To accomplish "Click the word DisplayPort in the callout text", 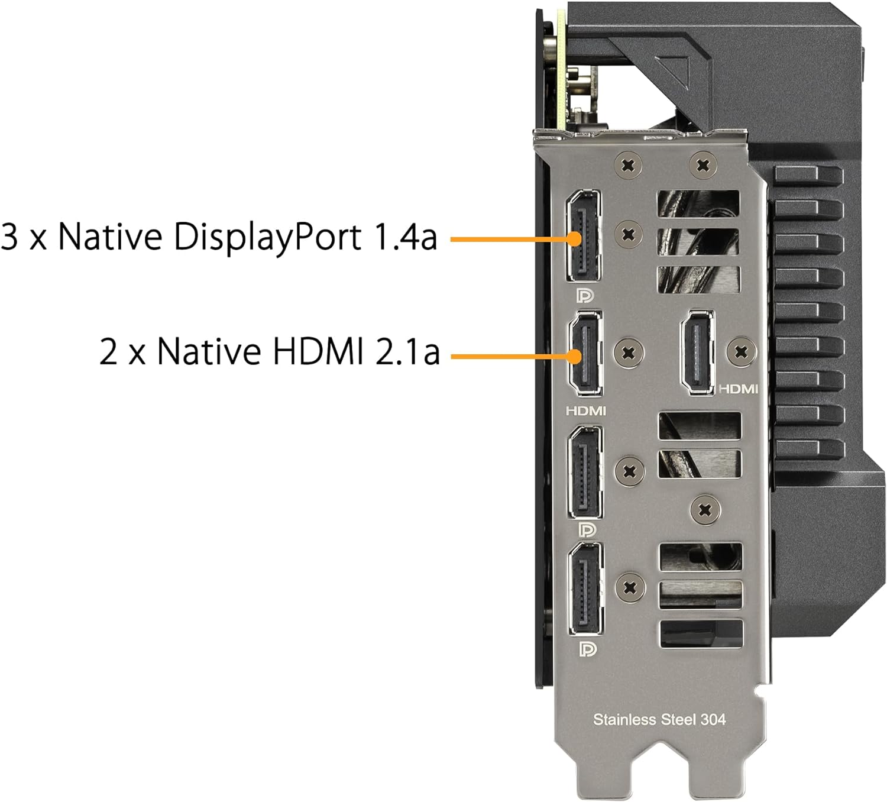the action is point(267,238).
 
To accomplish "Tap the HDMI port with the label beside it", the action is point(697,352).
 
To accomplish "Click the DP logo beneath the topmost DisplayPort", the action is point(585,296).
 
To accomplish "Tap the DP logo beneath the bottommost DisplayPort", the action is point(588,649).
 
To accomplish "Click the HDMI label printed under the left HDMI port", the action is point(586,411).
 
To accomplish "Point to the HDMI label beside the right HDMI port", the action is point(738,389).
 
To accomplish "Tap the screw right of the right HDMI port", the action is point(742,352).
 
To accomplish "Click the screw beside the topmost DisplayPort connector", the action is point(629,234).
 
